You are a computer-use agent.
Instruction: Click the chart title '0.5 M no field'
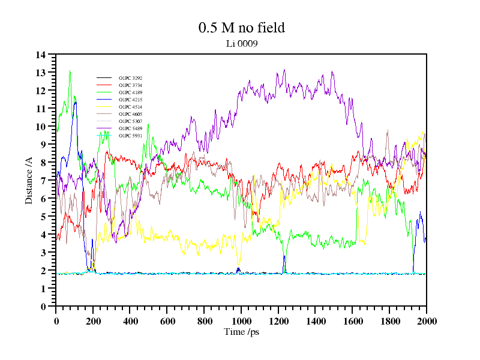click(x=241, y=28)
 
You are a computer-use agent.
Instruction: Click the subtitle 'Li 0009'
click(x=241, y=43)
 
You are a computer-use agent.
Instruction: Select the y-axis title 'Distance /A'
click(x=29, y=180)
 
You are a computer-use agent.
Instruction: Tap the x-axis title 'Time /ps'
click(x=241, y=332)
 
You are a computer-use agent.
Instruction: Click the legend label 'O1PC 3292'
click(x=130, y=79)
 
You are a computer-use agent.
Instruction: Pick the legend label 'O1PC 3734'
click(x=130, y=86)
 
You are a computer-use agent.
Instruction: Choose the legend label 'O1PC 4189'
click(x=130, y=93)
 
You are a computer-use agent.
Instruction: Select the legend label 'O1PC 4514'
click(x=130, y=107)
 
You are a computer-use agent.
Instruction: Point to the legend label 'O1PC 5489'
click(x=130, y=129)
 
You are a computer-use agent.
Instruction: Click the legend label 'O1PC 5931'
click(x=130, y=136)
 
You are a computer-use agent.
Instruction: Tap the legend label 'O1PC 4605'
click(x=130, y=115)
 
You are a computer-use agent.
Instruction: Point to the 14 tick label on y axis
click(x=41, y=55)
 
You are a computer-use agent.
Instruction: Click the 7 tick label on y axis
click(x=43, y=181)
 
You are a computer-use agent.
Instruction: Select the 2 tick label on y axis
click(x=43, y=271)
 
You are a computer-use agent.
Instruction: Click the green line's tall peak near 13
click(x=70, y=71)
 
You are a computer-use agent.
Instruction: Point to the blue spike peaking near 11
click(x=76, y=103)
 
